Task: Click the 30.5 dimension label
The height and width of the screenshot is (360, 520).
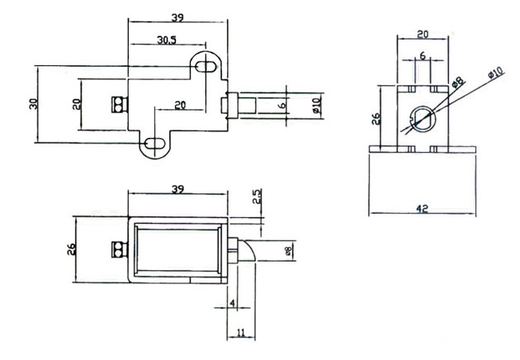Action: tap(167, 40)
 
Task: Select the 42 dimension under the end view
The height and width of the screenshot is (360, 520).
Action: tap(422, 209)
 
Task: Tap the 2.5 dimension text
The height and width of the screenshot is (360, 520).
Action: tap(257, 197)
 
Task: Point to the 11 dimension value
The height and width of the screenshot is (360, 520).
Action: tap(241, 333)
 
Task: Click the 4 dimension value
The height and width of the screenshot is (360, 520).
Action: tap(233, 303)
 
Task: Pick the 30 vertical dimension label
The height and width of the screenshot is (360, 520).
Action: tap(34, 104)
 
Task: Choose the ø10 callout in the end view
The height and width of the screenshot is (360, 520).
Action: tap(496, 73)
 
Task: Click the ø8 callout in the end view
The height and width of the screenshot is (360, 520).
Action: tap(458, 82)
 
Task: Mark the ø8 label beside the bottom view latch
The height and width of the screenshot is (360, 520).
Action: tap(288, 251)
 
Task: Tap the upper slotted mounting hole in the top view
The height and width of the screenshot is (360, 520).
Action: tap(206, 67)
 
